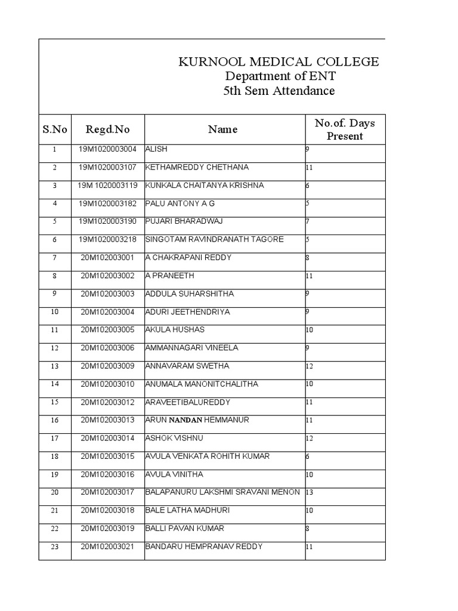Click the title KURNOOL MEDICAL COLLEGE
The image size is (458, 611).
click(x=279, y=62)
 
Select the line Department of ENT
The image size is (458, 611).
click(x=279, y=76)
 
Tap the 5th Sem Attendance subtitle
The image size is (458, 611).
click(x=279, y=91)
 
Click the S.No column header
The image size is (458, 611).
click(x=55, y=129)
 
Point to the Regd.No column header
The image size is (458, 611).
click(x=107, y=129)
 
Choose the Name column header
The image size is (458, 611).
click(x=223, y=129)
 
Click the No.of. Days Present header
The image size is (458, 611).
click(x=345, y=129)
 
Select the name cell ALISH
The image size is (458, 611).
click(x=157, y=149)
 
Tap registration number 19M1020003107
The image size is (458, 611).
click(x=107, y=167)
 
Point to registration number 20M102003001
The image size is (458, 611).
click(x=107, y=258)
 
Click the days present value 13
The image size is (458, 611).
click(x=310, y=492)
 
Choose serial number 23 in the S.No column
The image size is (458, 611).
click(x=54, y=547)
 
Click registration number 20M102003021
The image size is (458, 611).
click(x=107, y=547)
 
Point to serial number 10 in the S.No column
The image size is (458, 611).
click(x=54, y=312)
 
